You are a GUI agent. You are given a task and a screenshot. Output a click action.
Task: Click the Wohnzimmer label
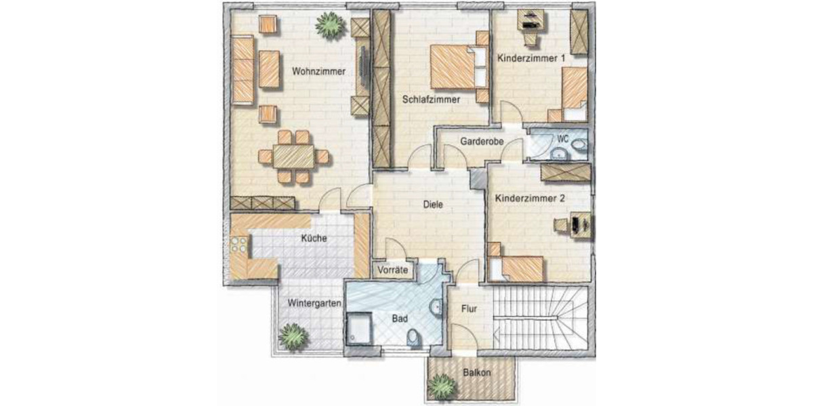319,71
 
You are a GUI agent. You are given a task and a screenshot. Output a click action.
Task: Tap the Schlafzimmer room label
431,99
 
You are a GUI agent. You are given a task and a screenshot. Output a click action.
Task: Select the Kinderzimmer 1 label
531,59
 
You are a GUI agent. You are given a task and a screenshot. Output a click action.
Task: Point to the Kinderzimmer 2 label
530,199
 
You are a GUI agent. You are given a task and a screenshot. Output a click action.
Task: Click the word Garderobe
480,142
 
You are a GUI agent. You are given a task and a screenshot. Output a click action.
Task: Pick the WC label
562,138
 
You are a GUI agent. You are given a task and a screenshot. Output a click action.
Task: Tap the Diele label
433,204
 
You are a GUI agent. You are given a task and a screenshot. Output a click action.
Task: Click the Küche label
314,238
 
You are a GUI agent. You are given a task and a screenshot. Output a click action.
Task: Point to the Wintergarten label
313,303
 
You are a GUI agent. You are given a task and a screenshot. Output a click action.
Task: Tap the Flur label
470,309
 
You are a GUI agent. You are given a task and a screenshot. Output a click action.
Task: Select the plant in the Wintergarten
294,336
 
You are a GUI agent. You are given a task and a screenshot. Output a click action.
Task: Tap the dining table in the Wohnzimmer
294,157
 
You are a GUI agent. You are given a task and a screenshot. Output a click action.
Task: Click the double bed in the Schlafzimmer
454,66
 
